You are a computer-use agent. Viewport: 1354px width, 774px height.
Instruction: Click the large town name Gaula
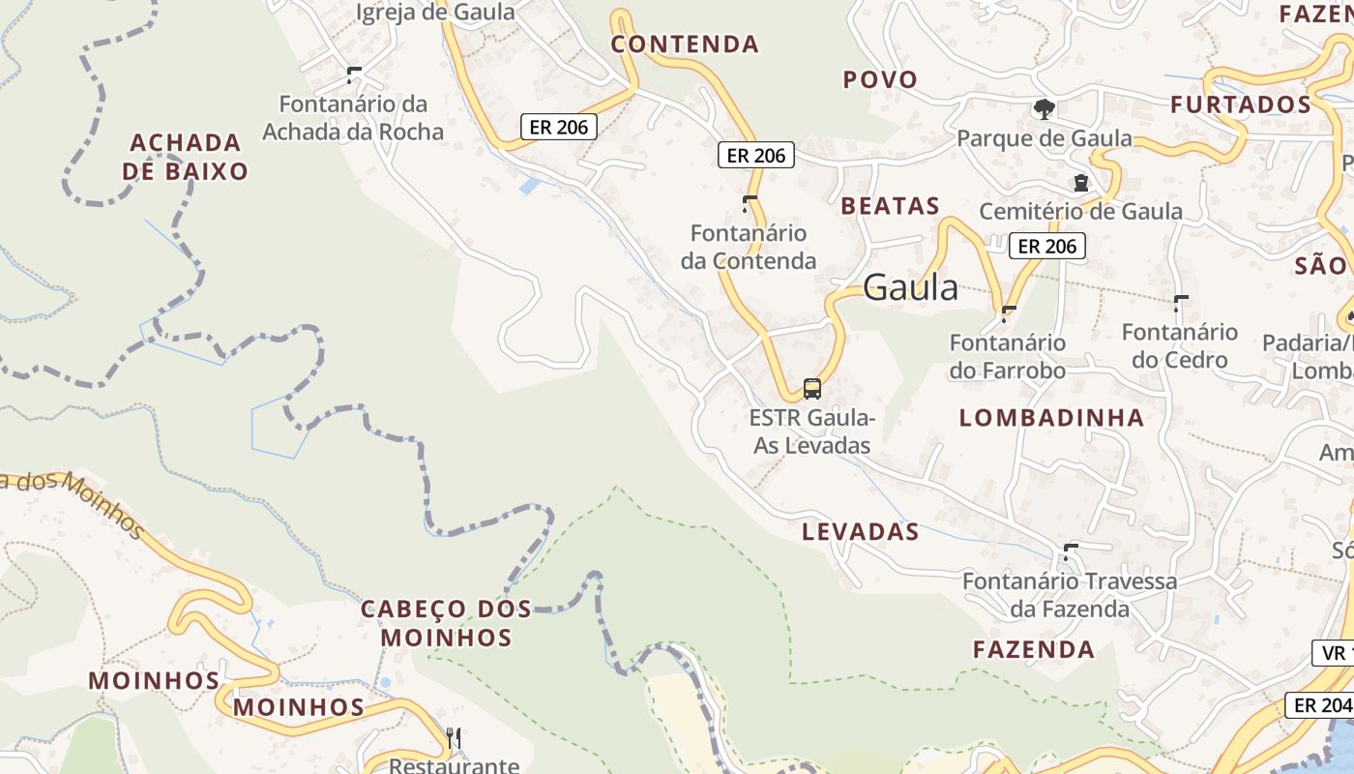click(x=910, y=286)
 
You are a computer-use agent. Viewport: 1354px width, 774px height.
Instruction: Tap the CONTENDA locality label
click(x=685, y=45)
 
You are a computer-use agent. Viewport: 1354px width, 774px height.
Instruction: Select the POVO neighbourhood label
click(x=880, y=79)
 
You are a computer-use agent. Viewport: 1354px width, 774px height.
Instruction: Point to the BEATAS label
click(x=890, y=205)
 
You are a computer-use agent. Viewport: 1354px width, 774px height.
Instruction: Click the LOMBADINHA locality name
click(x=1051, y=418)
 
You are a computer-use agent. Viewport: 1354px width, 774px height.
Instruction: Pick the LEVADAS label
click(x=860, y=531)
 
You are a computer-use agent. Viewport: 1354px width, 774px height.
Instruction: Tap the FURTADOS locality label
click(x=1241, y=104)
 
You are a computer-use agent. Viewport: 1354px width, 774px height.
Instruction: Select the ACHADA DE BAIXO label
click(x=189, y=157)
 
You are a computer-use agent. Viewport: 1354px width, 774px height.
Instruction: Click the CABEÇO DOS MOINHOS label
click(x=446, y=623)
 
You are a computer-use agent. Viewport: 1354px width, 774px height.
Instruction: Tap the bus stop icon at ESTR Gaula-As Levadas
click(x=812, y=389)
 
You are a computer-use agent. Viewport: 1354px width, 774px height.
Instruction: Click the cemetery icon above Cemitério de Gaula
click(x=1080, y=182)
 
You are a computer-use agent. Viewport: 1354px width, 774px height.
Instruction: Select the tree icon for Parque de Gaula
click(x=1044, y=108)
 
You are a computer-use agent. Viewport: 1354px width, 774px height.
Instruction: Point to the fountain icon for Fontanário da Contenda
click(x=749, y=203)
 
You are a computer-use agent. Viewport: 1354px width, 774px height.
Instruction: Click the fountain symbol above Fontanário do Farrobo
click(x=1009, y=313)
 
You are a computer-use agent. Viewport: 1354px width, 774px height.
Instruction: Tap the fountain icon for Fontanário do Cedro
click(x=1180, y=303)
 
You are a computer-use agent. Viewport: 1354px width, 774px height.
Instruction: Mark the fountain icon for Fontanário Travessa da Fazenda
click(x=1070, y=551)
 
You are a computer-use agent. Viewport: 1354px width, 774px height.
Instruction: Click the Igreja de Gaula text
click(x=435, y=13)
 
